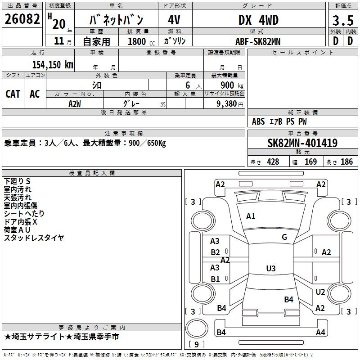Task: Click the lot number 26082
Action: [x=22, y=19]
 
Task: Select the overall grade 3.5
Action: [x=343, y=20]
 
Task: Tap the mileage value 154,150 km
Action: [x=53, y=64]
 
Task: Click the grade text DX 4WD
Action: [x=258, y=20]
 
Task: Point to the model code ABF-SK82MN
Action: [x=258, y=41]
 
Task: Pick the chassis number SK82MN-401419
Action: [x=302, y=143]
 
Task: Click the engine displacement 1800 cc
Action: [x=141, y=41]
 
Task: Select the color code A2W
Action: [x=75, y=104]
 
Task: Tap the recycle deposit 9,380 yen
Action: [x=230, y=104]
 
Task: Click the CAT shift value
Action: [x=13, y=94]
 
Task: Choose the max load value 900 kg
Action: [x=232, y=85]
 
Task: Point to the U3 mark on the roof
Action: [x=271, y=268]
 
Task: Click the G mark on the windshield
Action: [x=284, y=237]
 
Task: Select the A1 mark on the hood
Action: [x=251, y=216]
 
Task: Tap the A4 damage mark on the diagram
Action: [x=320, y=332]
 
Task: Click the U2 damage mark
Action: [x=320, y=292]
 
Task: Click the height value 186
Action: [x=346, y=162]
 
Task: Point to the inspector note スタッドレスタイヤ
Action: [x=34, y=238]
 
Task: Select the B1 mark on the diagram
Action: [x=215, y=279]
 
